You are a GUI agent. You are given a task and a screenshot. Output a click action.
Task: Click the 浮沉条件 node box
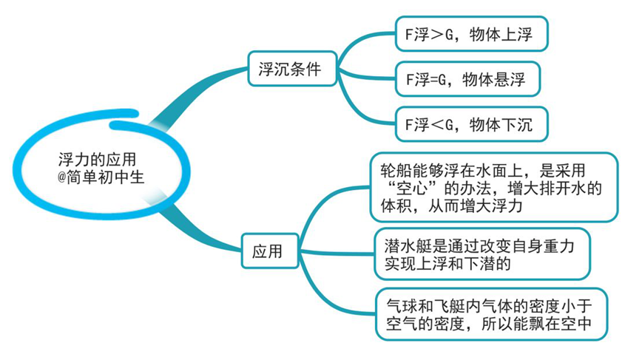tap(293, 69)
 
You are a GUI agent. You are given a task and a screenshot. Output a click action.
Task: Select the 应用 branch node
tap(270, 251)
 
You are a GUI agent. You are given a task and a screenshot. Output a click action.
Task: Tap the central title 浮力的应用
tap(97, 159)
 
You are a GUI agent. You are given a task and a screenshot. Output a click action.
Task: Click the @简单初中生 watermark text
tap(101, 177)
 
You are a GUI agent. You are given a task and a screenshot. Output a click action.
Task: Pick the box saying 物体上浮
tap(472, 34)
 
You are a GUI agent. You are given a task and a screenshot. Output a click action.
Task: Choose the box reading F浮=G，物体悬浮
tap(467, 79)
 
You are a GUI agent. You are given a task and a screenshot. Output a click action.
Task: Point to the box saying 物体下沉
tap(472, 124)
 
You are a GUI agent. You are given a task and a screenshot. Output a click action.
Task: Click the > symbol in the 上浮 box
tap(437, 35)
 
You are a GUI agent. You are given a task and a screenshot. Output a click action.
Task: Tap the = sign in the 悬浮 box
tap(433, 80)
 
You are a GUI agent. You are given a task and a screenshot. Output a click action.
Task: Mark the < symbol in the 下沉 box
tap(437, 125)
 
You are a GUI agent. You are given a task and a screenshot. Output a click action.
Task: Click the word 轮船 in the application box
tap(396, 171)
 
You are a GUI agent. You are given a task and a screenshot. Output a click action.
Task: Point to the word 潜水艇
tap(408, 245)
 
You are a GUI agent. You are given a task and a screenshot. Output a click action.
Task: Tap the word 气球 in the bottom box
tap(402, 306)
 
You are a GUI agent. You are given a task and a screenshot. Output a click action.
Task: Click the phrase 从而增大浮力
tap(475, 206)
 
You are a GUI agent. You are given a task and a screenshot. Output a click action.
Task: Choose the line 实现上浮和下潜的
tap(447, 263)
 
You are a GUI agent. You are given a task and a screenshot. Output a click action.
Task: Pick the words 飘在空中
tap(561, 323)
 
